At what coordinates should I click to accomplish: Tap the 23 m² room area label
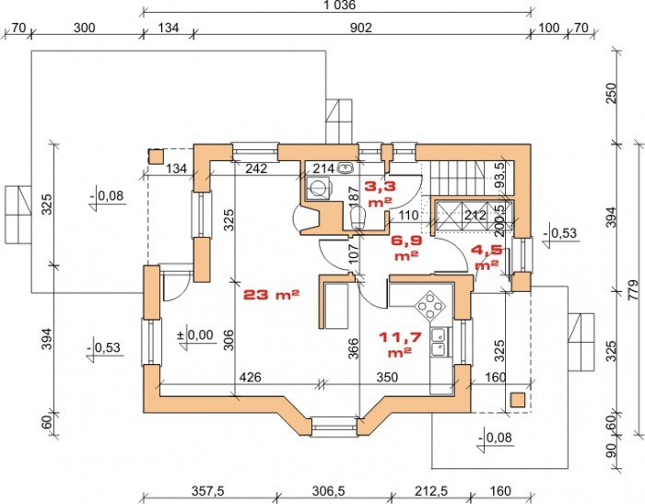pos(271,295)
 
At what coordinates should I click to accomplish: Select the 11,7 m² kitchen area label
pos(400,345)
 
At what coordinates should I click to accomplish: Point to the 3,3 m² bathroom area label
pos(381,193)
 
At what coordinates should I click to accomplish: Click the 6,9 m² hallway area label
pos(406,248)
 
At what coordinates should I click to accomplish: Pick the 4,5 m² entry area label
pos(487,257)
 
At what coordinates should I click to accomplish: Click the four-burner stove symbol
pos(430,306)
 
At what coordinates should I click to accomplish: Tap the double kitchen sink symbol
pos(439,342)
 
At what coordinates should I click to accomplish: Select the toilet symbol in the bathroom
pos(357,217)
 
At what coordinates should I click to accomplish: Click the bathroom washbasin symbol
pos(344,168)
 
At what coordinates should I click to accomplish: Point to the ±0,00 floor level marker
pos(195,335)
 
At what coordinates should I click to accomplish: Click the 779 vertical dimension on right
pos(634,289)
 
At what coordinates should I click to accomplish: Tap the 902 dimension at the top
pos(361,28)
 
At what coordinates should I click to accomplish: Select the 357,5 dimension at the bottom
pos(208,490)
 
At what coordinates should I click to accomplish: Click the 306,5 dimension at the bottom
pos(329,490)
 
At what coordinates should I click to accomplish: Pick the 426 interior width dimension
pos(250,377)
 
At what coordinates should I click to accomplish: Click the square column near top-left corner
pos(156,157)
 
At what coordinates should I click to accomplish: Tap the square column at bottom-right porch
pos(518,400)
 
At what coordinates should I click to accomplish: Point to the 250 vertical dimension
pos(613,93)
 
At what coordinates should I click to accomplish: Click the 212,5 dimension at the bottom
pos(430,490)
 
